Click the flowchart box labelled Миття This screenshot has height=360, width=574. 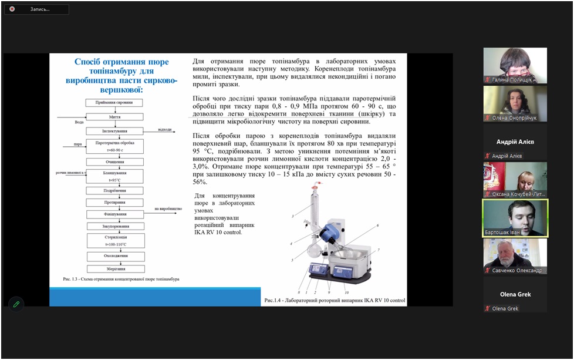pyautogui.click(x=115, y=117)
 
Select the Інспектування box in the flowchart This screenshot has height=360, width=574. pyautogui.click(x=115, y=131)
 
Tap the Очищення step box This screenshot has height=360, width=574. pyautogui.click(x=115, y=162)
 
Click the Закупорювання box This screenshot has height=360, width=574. pyautogui.click(x=115, y=226)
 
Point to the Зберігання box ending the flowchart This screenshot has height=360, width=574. pyautogui.click(x=115, y=269)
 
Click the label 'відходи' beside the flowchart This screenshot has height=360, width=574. pyautogui.click(x=166, y=129)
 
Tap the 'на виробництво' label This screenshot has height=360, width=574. pyautogui.click(x=168, y=208)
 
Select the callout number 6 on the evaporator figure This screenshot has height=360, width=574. pyautogui.click(x=377, y=225)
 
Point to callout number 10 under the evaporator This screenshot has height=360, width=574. pyautogui.click(x=346, y=292)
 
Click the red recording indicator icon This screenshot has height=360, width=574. pyautogui.click(x=12, y=9)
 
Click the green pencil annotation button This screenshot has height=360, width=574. pyautogui.click(x=16, y=304)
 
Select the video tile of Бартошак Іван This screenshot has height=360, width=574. pyautogui.click(x=515, y=218)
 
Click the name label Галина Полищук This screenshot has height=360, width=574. pyautogui.click(x=512, y=79)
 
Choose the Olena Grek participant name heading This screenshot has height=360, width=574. pyautogui.click(x=515, y=294)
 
